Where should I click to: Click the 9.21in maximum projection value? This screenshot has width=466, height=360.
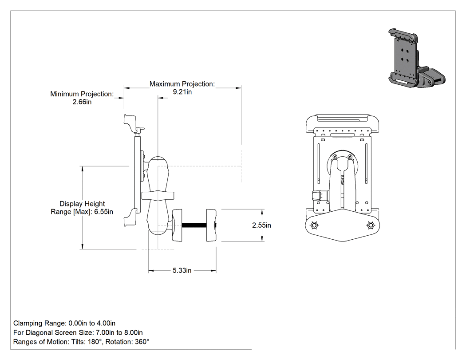[x=182, y=92]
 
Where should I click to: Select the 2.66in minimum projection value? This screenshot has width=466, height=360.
[x=82, y=102]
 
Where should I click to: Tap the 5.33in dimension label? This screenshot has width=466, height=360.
[x=182, y=270]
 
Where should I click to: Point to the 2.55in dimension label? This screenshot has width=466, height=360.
[x=261, y=225]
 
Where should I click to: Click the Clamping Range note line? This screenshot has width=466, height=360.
[x=64, y=323]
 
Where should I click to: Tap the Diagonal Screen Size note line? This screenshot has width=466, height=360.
[x=78, y=332]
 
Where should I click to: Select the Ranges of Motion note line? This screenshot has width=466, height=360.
[x=81, y=341]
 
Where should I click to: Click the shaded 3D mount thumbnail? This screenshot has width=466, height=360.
[x=417, y=58]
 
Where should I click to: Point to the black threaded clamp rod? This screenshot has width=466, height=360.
[x=194, y=225]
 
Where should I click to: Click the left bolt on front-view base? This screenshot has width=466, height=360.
[x=314, y=225]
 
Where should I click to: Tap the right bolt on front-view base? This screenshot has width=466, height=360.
[x=370, y=225]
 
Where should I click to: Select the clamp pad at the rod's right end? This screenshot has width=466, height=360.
[x=211, y=225]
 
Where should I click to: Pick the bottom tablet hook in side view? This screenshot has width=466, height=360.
[x=130, y=218]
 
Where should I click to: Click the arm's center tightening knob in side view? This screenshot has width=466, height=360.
[x=158, y=196]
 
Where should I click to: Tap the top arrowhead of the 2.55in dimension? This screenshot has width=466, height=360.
[x=262, y=211]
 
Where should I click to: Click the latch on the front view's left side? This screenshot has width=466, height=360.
[x=320, y=196]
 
